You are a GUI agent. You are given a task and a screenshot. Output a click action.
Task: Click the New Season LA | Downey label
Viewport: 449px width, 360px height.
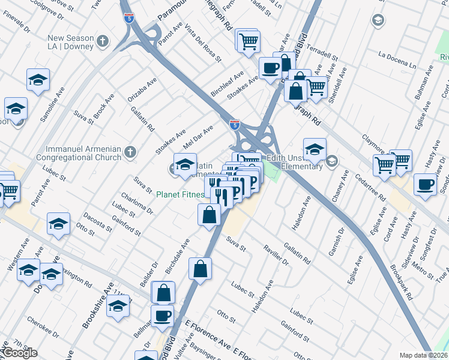tap(71, 41)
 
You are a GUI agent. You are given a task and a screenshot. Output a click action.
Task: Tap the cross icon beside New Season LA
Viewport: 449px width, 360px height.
tap(103, 41)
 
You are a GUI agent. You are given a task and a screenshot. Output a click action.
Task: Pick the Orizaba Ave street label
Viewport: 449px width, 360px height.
tap(142, 89)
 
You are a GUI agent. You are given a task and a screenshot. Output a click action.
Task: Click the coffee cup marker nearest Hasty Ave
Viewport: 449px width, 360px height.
tap(426, 185)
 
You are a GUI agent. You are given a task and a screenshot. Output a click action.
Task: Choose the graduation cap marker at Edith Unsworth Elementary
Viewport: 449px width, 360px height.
tap(315, 150)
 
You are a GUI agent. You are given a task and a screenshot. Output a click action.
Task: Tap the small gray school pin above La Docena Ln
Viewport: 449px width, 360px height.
tap(378, 21)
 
